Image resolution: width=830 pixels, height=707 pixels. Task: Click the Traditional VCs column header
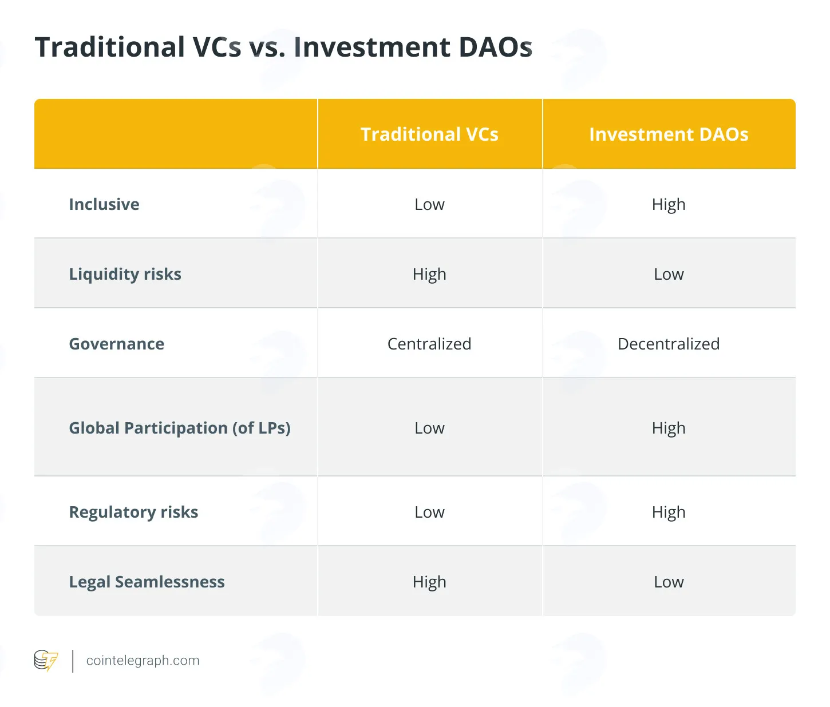click(429, 134)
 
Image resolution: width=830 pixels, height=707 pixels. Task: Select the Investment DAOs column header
click(669, 134)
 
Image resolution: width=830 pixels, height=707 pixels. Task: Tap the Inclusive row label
click(104, 204)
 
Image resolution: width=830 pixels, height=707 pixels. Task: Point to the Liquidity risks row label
click(125, 275)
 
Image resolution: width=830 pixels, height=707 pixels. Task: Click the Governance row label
click(116, 344)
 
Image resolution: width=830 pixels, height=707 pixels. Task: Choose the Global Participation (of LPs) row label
click(180, 428)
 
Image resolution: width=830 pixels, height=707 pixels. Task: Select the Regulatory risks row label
click(133, 513)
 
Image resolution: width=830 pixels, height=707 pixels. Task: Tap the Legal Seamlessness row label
click(147, 582)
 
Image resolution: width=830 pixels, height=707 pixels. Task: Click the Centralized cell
click(429, 344)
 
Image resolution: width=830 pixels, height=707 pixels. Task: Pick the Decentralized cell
click(669, 344)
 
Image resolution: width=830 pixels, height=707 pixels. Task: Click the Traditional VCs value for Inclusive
click(429, 205)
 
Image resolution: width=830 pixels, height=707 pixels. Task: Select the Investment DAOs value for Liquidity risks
click(669, 275)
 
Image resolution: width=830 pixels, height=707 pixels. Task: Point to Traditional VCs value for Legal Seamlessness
click(429, 582)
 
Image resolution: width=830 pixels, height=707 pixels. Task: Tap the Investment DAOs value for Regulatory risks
click(669, 513)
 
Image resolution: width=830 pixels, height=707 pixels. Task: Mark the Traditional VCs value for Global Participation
click(429, 428)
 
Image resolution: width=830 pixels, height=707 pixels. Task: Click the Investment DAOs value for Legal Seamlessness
click(669, 582)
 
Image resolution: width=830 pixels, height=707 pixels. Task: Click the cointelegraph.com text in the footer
click(143, 661)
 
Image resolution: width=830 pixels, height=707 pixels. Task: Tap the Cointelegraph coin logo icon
click(46, 661)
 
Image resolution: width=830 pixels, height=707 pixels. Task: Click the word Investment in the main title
click(372, 47)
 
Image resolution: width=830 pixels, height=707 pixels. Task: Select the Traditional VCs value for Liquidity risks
click(429, 275)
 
